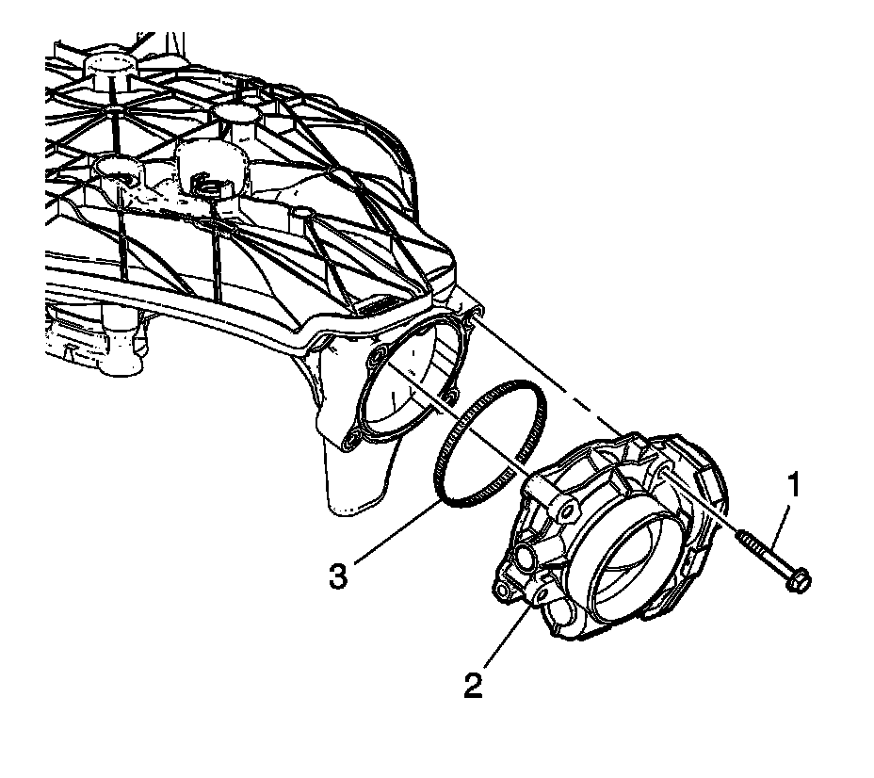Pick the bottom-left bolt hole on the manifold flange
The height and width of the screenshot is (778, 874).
[355, 438]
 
